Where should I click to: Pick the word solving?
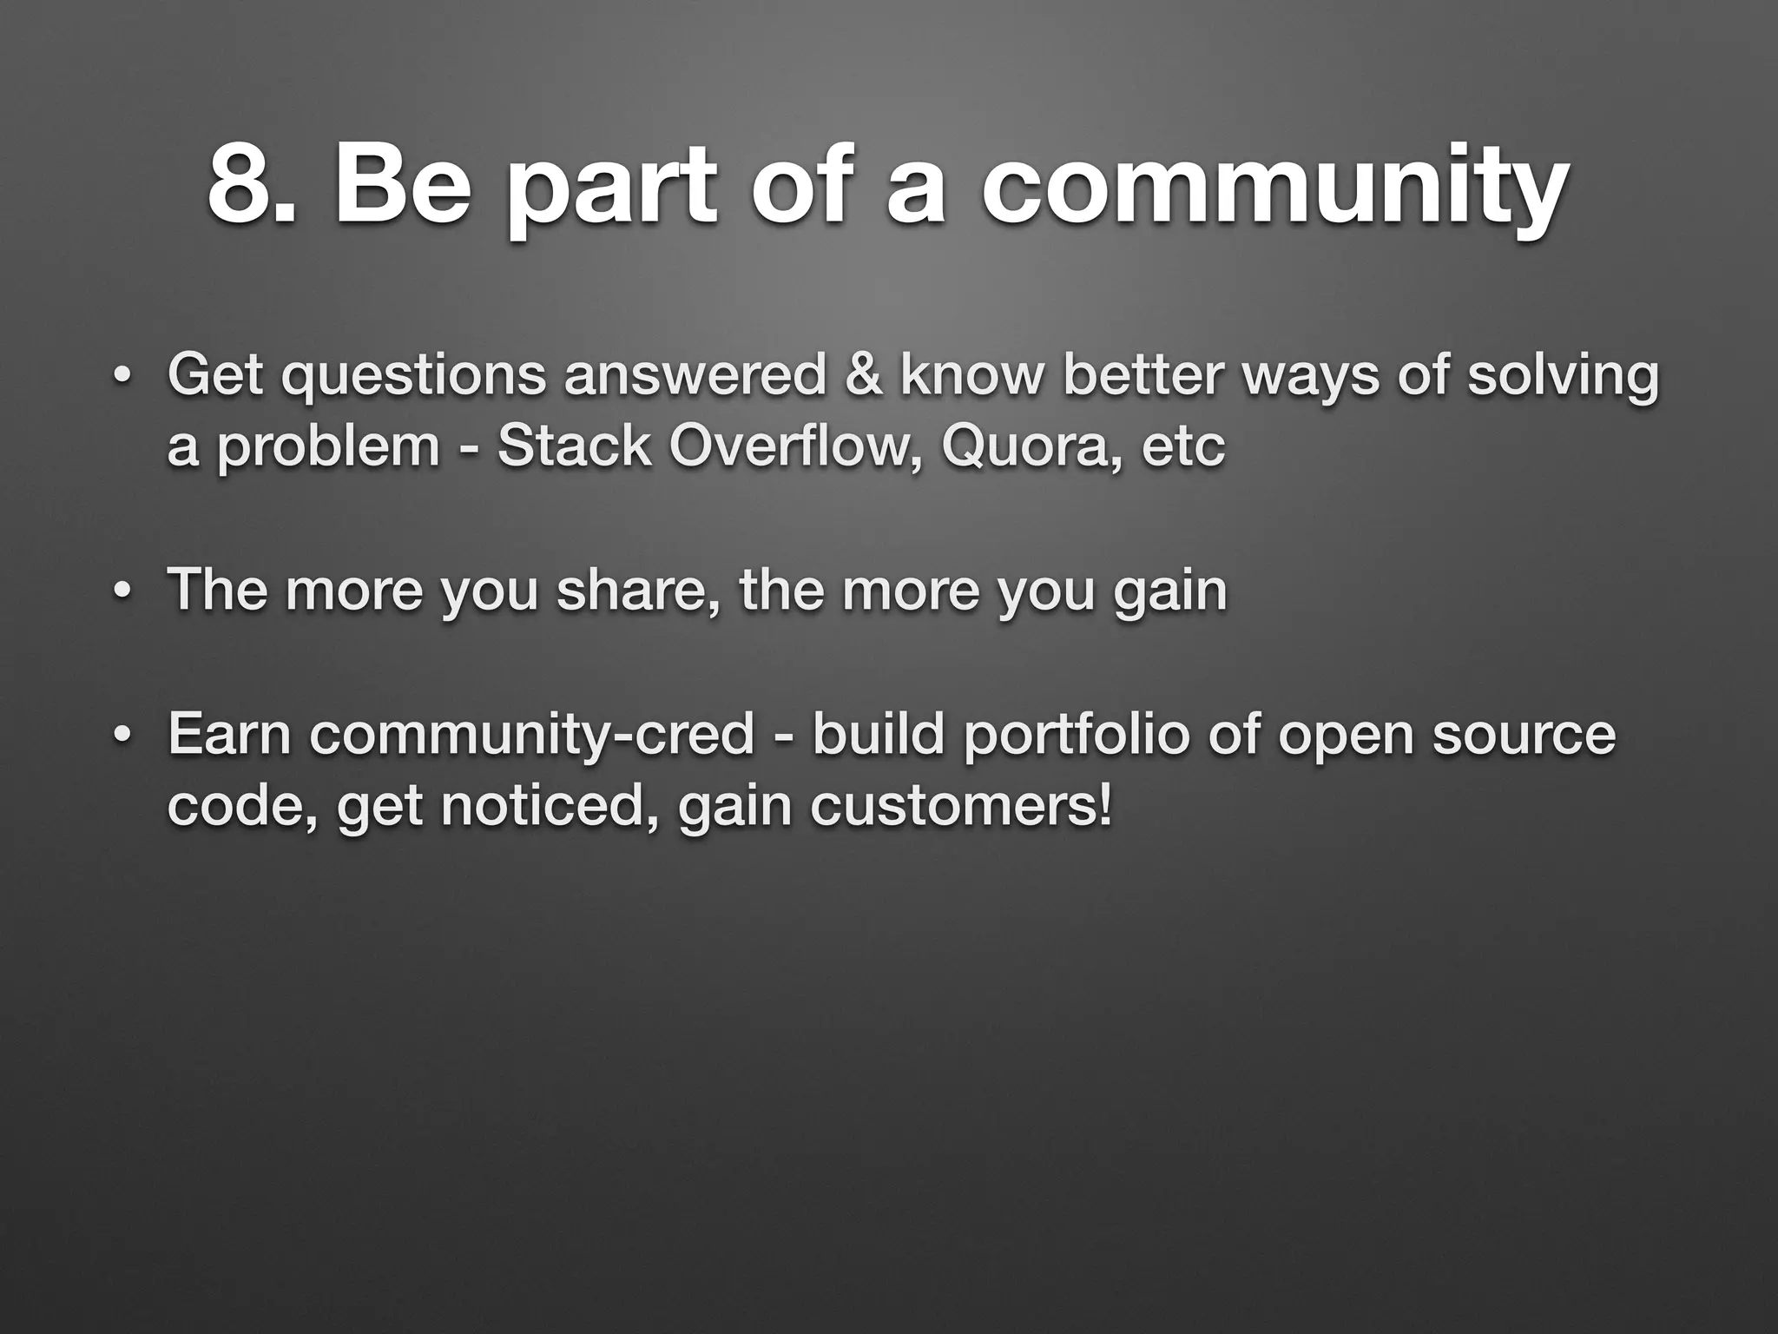pyautogui.click(x=1563, y=377)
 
